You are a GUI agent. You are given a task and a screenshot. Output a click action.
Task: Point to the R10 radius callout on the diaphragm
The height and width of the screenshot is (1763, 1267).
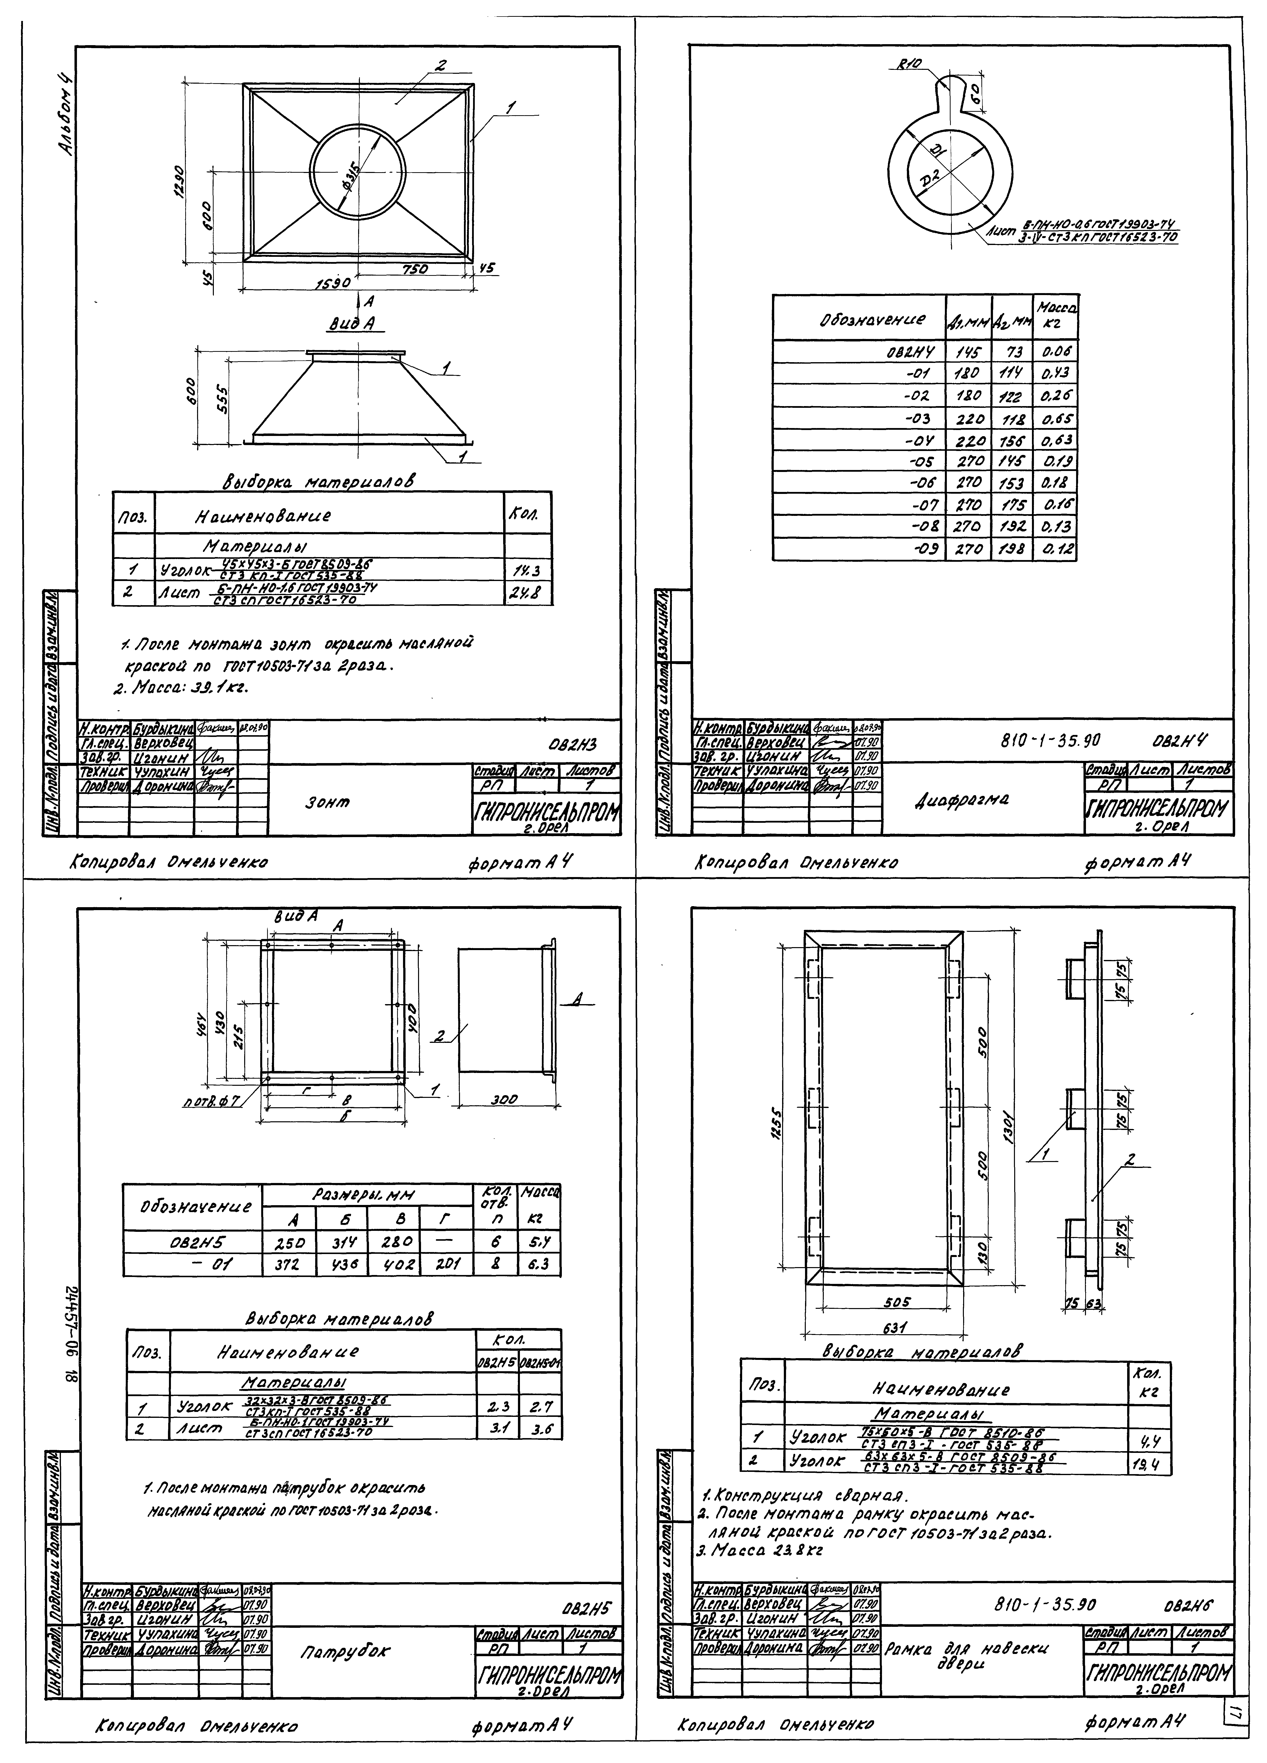908,65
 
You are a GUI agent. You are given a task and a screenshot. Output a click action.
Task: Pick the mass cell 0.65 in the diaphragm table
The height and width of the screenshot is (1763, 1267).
1056,418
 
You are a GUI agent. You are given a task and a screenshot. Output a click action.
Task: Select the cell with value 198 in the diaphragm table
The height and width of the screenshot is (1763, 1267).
1011,549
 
